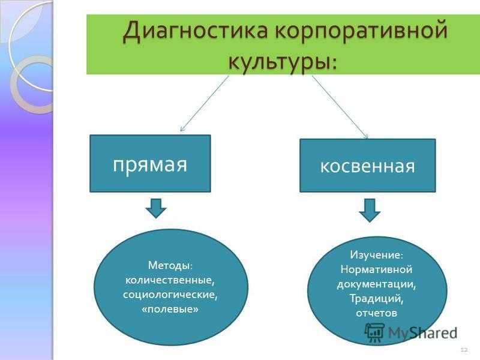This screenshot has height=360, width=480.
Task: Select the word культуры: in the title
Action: click(283, 61)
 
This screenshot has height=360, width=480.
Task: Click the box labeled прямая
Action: click(150, 163)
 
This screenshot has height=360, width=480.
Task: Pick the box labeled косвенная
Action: click(367, 166)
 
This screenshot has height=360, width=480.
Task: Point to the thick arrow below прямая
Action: click(156, 208)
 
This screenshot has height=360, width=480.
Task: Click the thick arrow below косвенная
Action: click(370, 211)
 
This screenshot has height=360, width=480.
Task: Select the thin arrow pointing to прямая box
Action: click(205, 103)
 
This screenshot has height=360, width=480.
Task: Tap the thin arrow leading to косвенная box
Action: click(340, 107)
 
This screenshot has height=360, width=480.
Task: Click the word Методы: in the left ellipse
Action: click(170, 265)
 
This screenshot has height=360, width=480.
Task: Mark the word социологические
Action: click(170, 295)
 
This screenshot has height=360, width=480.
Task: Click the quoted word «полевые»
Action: click(170, 309)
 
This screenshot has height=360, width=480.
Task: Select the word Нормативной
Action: click(377, 269)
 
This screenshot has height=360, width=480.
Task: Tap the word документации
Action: click(377, 284)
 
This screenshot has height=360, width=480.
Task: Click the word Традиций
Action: click(377, 298)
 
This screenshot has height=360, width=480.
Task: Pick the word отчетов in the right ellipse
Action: click(377, 313)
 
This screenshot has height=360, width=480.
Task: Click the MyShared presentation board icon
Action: click(374, 332)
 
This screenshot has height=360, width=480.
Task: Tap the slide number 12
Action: click(464, 350)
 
